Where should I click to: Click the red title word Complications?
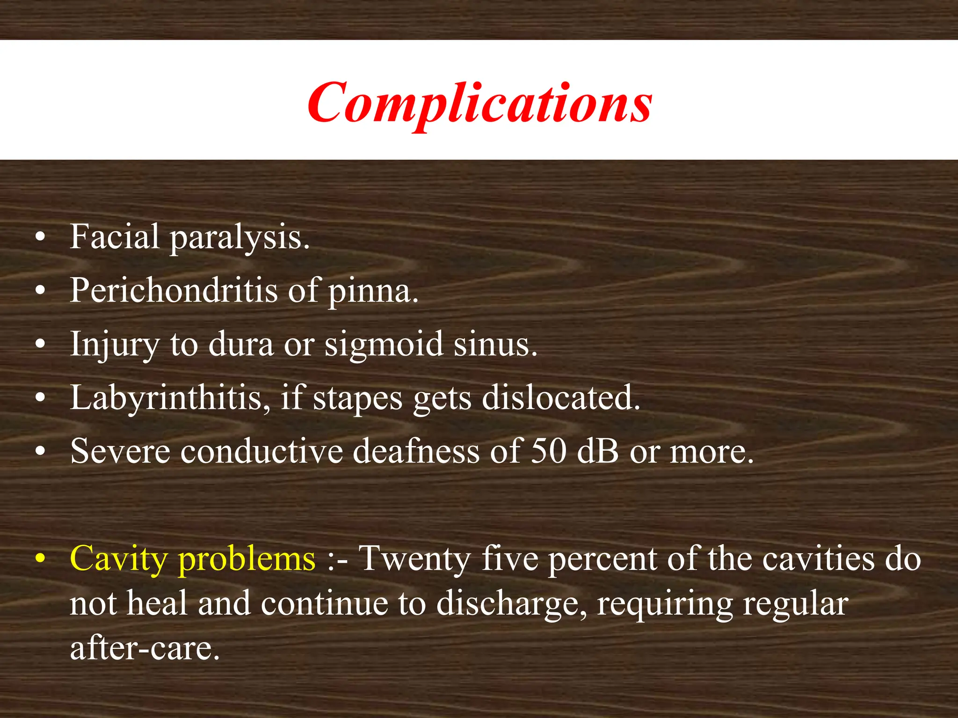click(479, 103)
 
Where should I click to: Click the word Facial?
click(115, 237)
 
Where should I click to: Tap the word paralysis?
click(239, 238)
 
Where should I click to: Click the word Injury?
click(115, 345)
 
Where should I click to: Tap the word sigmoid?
click(384, 345)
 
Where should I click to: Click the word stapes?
click(357, 399)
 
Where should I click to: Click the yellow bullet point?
click(41, 559)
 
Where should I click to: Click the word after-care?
click(145, 648)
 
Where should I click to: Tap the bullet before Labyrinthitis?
click(41, 398)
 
